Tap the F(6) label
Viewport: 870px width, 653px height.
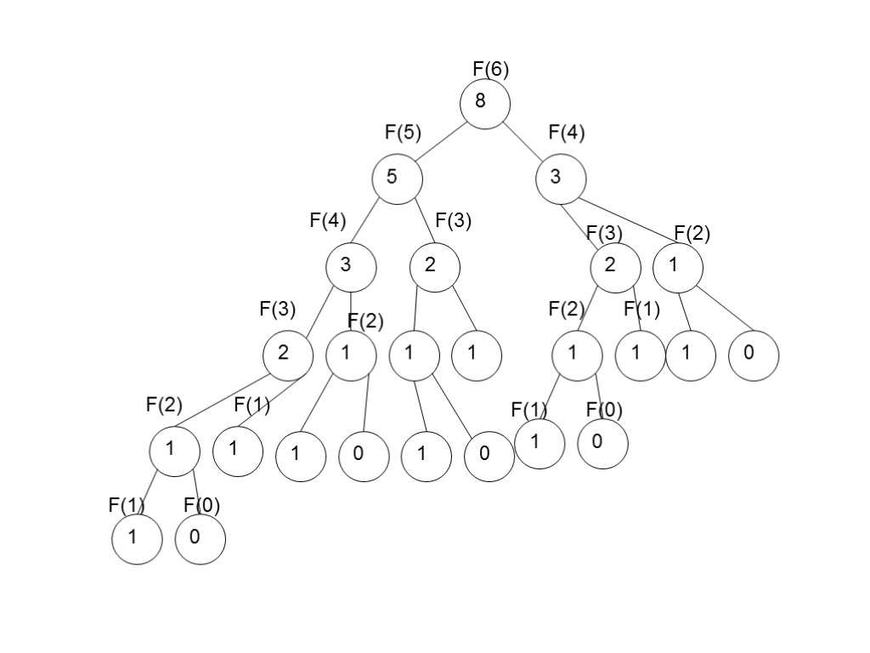(491, 70)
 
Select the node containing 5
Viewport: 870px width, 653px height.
(397, 179)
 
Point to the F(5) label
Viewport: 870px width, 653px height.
(403, 132)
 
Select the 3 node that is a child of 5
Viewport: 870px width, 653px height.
(350, 265)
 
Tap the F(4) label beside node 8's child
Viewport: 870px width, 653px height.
(567, 132)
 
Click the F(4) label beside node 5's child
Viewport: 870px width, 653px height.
(327, 221)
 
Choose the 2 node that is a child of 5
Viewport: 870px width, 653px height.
(434, 266)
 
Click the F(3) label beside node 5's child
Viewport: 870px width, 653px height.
(453, 221)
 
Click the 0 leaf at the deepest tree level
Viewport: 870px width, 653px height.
(201, 538)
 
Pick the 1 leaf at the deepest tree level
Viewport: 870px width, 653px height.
(137, 538)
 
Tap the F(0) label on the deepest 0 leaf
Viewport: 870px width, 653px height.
(202, 506)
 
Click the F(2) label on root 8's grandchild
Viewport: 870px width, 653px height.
(692, 233)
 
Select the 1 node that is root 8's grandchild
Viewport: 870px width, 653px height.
(678, 267)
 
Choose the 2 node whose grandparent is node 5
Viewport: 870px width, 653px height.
(287, 352)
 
